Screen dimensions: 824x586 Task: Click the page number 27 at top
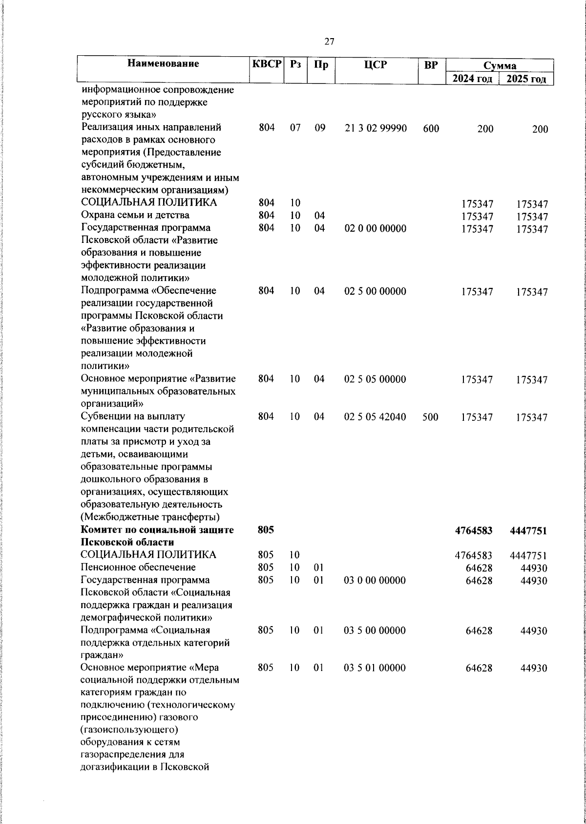coord(329,42)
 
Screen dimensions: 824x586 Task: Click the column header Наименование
coord(164,64)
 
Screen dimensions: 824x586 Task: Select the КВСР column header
coord(267,64)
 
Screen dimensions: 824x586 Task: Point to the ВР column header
coord(431,64)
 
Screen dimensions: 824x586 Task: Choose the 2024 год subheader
coord(471,79)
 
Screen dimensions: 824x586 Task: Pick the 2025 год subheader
coord(526,79)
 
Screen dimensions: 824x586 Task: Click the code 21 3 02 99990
coord(376,129)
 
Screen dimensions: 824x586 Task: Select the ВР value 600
coord(431,129)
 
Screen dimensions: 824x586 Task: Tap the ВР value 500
coord(431,417)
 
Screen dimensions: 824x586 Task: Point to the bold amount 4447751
coord(528,531)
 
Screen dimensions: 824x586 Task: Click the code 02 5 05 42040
coord(375,417)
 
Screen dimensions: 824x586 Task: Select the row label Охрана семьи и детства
coord(135,215)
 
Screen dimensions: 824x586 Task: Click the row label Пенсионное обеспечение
coord(138,567)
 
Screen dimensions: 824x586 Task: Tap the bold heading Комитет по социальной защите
coord(157,530)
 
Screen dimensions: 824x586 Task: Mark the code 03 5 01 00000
coord(375,668)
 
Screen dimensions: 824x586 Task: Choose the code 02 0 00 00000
coord(375,228)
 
